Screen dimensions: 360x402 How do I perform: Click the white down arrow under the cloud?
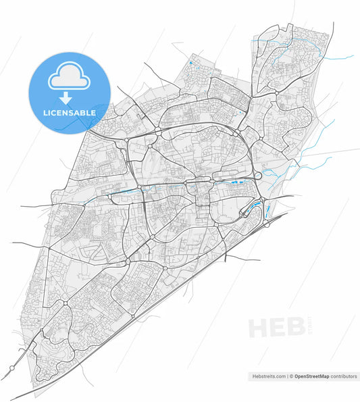[68, 97]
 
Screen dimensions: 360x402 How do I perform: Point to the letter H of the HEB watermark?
[259, 328]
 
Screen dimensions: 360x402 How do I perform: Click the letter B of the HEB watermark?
[294, 328]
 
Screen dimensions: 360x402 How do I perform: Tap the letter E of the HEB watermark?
[278, 328]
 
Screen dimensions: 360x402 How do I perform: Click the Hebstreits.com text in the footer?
[267, 376]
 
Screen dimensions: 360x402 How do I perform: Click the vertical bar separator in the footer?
[287, 376]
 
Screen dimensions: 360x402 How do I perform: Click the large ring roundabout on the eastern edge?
[257, 176]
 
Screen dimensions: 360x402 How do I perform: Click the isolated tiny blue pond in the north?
[190, 64]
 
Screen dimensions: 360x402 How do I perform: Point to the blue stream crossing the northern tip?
[284, 47]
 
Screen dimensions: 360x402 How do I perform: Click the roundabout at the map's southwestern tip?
[12, 369]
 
